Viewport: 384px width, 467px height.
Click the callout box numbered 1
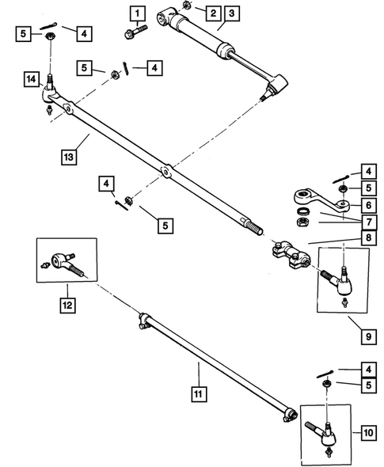[x=138, y=13]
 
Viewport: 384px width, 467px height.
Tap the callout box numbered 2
[x=211, y=13]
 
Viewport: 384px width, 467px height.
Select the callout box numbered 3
[x=230, y=13]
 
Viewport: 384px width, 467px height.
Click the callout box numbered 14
[x=32, y=79]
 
